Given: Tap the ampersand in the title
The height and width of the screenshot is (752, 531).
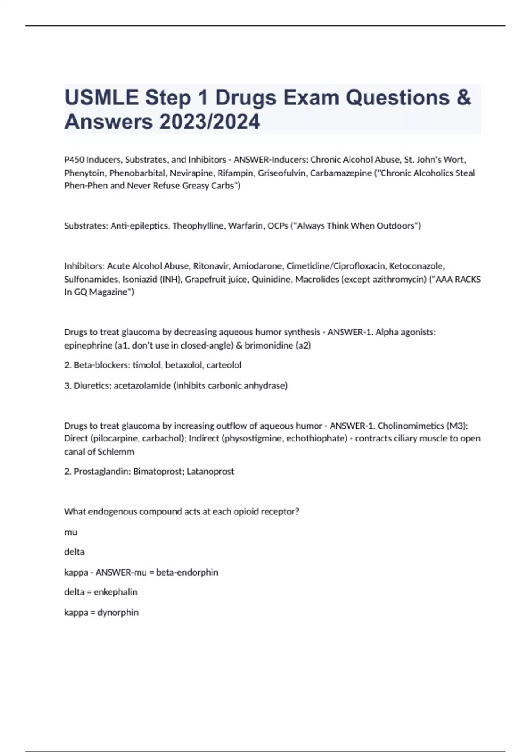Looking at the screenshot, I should (x=463, y=98).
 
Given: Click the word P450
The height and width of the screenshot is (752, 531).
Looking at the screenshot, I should (x=74, y=160).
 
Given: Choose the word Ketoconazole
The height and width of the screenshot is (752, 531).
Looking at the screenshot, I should (x=417, y=266).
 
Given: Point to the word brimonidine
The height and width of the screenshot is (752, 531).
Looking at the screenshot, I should (x=269, y=345).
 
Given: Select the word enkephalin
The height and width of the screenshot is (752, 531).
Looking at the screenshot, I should (x=115, y=592).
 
